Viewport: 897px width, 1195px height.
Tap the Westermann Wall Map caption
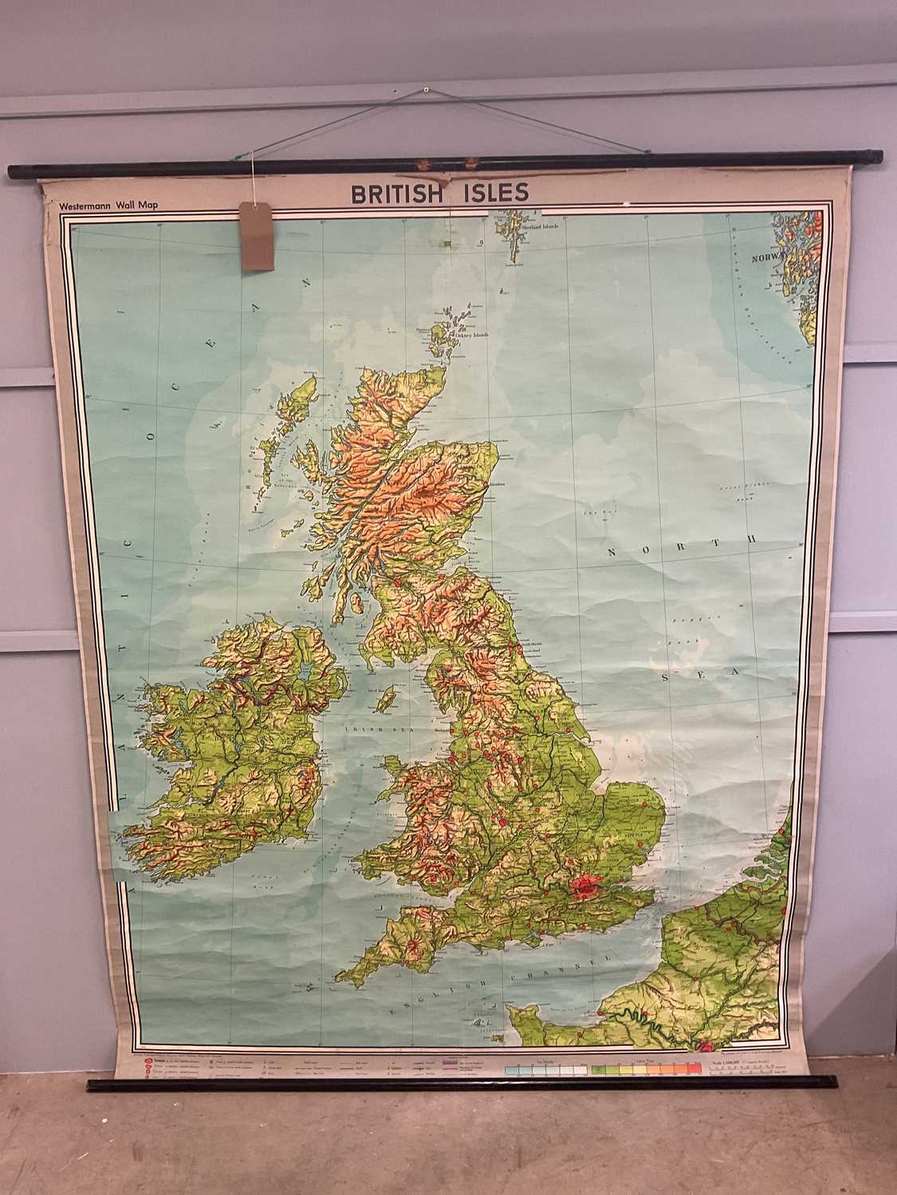tap(108, 205)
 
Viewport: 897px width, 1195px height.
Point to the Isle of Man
tap(388, 701)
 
